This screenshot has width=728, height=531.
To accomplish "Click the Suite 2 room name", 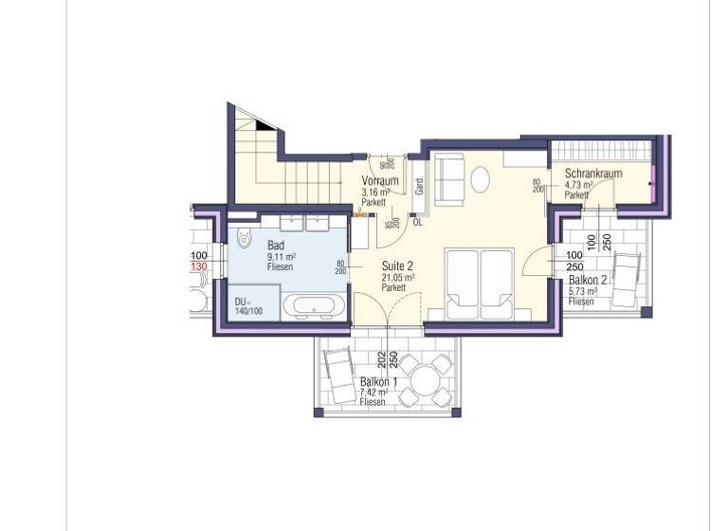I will [x=398, y=266].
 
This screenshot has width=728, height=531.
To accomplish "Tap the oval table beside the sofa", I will [x=482, y=179].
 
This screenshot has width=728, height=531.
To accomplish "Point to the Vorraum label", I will [x=379, y=181].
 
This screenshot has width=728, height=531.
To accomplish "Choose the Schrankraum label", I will [x=592, y=174].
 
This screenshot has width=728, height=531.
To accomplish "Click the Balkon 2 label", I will [x=589, y=281].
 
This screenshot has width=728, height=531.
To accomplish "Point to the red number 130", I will [x=199, y=267].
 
